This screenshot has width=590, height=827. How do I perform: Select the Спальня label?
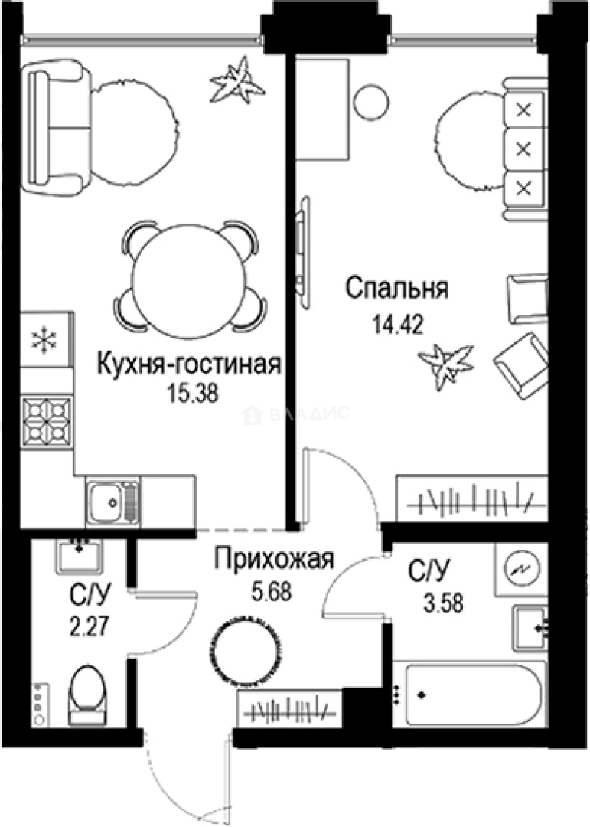pos(396,289)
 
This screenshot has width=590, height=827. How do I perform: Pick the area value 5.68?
pos(274,591)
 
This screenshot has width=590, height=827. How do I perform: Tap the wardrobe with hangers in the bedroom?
pos(471,498)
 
